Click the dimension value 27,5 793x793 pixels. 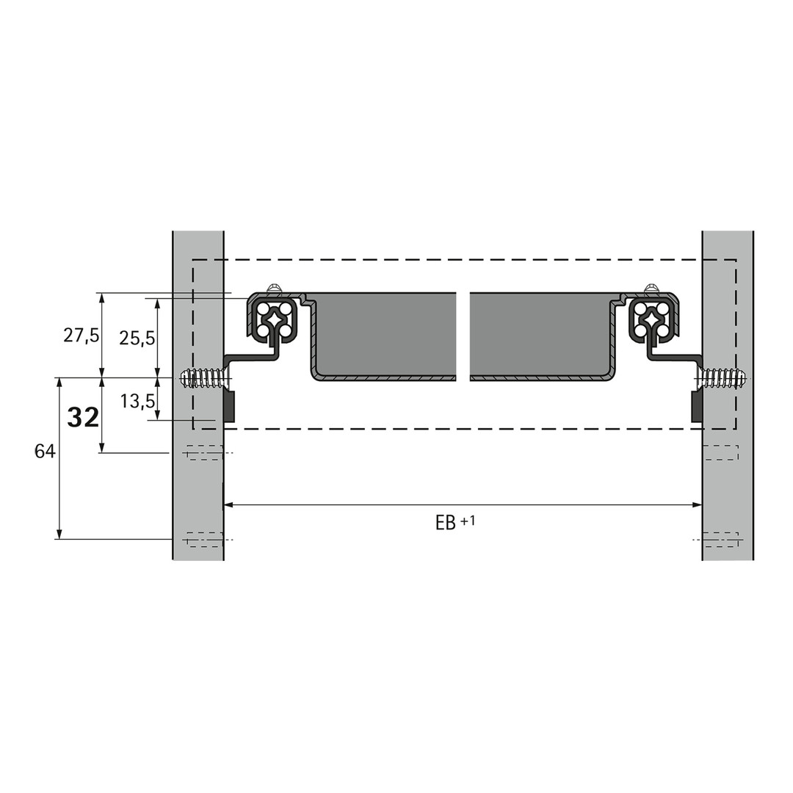click(81, 336)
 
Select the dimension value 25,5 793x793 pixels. click(137, 338)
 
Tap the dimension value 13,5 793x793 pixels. click(137, 402)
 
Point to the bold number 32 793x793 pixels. click(83, 419)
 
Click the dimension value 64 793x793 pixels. click(45, 451)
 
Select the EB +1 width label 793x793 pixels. click(455, 522)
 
